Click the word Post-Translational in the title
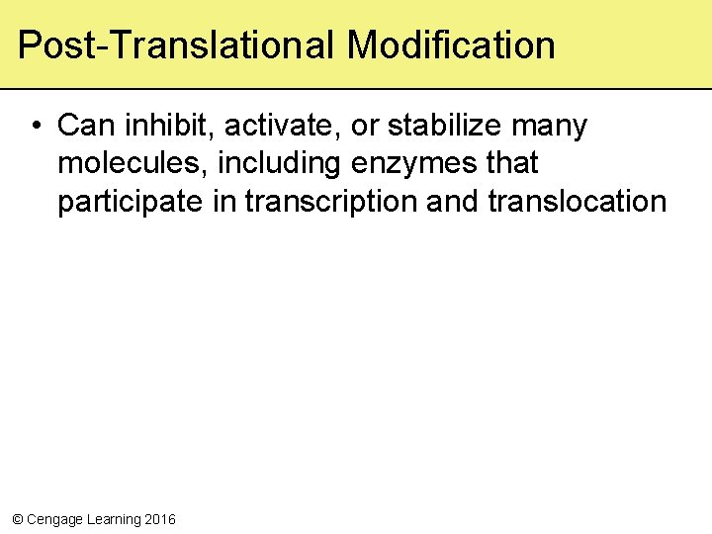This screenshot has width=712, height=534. click(177, 45)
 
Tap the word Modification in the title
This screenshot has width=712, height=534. click(451, 45)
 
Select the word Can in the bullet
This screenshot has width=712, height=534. click(82, 127)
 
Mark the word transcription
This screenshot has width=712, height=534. click(330, 202)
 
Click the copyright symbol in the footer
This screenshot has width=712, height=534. click(16, 519)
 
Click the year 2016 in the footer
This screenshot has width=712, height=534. click(160, 519)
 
